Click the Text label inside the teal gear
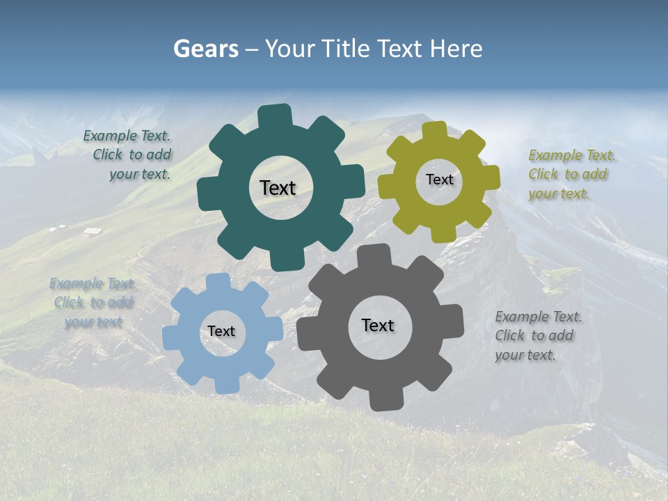(278, 188)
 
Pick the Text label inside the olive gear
(439, 180)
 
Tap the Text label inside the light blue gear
(221, 331)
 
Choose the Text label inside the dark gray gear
(378, 325)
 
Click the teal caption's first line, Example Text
(127, 136)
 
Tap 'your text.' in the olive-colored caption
(558, 194)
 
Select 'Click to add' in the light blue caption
(93, 303)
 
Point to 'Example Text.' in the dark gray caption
(539, 317)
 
